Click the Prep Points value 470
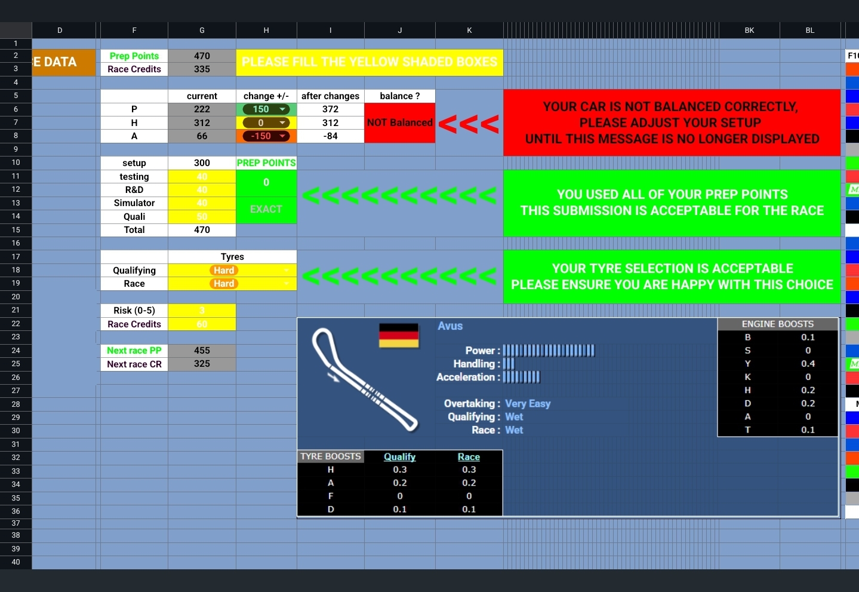point(202,56)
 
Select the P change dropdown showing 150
point(266,109)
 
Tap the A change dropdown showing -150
point(266,136)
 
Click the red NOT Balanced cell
point(399,122)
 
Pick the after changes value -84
point(330,136)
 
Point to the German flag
point(399,335)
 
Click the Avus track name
point(450,326)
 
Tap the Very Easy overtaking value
point(528,404)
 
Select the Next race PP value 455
point(202,351)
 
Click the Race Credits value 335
point(202,69)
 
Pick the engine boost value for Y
point(808,364)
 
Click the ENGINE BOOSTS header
point(777,324)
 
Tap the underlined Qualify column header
point(399,457)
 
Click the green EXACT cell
point(266,209)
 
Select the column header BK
point(749,30)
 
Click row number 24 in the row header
point(16,351)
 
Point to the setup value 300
point(202,163)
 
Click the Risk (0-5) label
point(134,311)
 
